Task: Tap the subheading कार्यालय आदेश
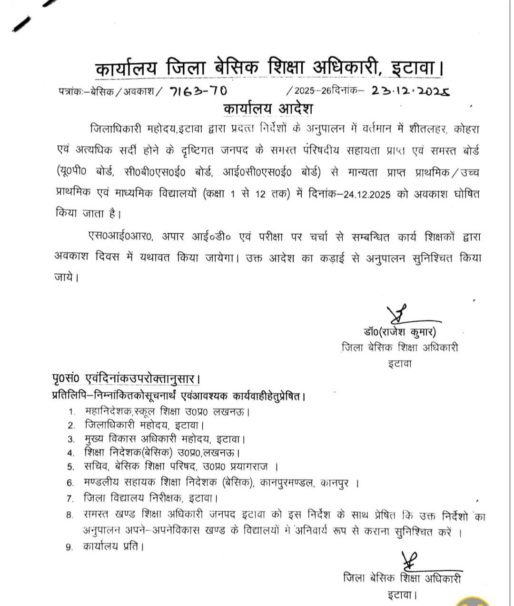268,109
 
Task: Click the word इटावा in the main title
414,69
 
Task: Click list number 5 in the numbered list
71,467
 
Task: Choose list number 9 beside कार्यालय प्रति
70,547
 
